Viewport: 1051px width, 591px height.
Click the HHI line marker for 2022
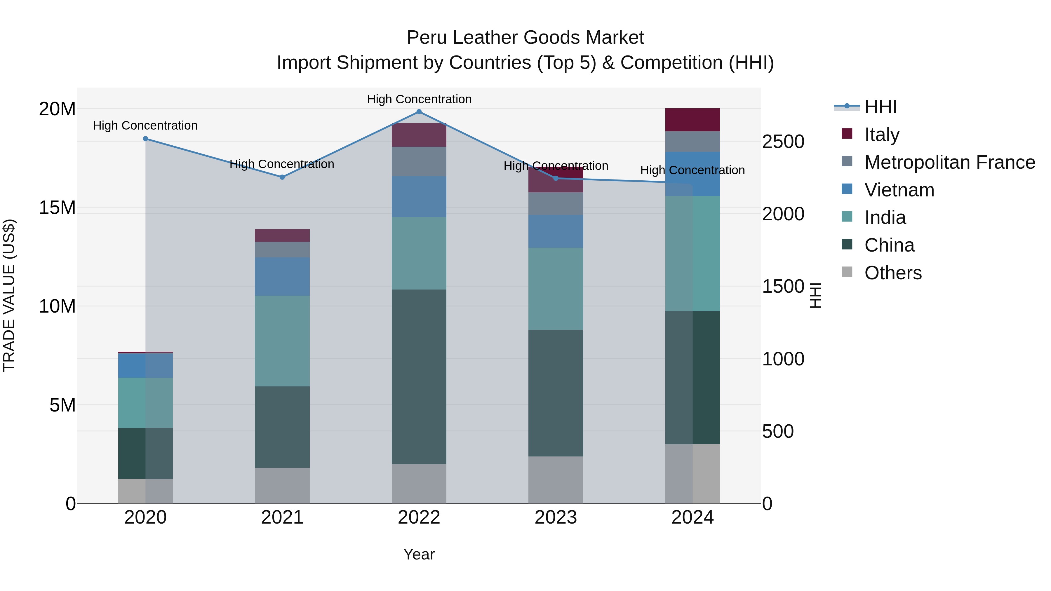419,111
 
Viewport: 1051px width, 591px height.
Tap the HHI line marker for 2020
145,139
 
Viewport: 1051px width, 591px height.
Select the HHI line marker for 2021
282,177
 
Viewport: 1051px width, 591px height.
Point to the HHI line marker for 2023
555,178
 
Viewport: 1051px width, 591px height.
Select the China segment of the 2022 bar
419,376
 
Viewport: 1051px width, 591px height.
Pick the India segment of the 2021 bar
282,341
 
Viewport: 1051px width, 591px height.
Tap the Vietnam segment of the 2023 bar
555,231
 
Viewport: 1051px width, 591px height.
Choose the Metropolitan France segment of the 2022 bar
419,161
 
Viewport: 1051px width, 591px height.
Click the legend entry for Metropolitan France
949,162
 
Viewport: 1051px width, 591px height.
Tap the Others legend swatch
847,272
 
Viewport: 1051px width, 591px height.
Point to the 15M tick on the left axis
57,208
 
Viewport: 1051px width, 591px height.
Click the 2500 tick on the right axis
783,142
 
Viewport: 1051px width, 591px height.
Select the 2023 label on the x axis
555,517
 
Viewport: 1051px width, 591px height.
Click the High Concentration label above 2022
419,99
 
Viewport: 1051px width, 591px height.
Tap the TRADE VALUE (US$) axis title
9,295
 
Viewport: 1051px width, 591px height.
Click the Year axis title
419,554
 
